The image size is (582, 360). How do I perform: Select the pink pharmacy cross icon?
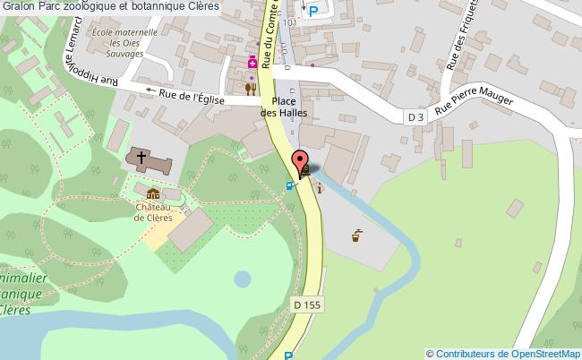[x=253, y=63]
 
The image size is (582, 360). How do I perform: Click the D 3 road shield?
[x=415, y=116]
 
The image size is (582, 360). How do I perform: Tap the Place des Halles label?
[x=283, y=107]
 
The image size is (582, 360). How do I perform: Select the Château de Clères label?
[x=153, y=211]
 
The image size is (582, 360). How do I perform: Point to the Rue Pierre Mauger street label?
[x=475, y=105]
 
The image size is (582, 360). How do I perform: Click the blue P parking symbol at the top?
[x=313, y=11]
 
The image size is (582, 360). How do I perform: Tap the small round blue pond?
[x=243, y=279]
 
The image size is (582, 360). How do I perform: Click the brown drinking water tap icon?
[x=356, y=236]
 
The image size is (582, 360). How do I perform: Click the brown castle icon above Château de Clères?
[x=152, y=193]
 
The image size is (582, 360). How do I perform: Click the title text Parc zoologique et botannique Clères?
[x=117, y=8]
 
